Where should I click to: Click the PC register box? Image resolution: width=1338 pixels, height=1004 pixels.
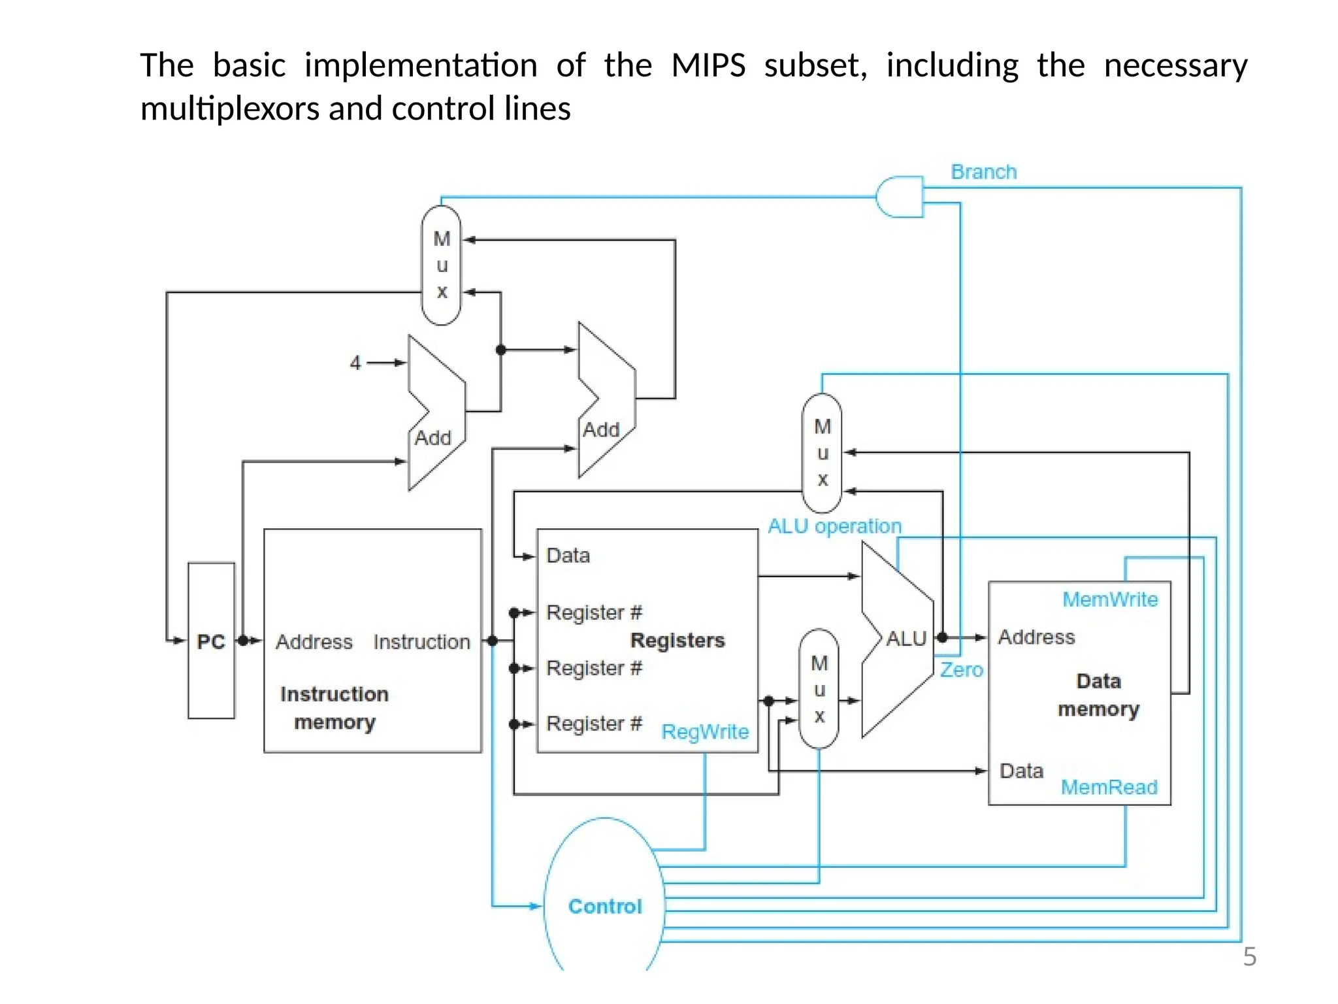[211, 641]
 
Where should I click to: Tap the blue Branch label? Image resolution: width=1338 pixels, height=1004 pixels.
[983, 172]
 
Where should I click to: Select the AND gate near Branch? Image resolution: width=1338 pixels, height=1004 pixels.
[899, 196]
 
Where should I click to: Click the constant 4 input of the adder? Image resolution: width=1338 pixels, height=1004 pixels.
[355, 363]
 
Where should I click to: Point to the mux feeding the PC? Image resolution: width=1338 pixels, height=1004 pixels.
[442, 265]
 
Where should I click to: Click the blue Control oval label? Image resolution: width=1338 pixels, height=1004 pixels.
[605, 906]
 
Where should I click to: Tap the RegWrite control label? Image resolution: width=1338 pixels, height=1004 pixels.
[705, 731]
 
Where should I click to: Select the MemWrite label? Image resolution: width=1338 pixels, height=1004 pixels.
[1109, 599]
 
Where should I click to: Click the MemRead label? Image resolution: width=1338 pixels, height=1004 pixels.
[1109, 787]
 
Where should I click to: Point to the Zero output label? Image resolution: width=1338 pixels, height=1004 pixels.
[961, 670]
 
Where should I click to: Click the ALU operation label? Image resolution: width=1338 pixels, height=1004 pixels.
[834, 526]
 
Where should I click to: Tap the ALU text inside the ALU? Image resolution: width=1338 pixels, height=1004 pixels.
[906, 639]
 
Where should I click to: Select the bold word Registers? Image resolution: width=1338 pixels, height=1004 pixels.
[677, 640]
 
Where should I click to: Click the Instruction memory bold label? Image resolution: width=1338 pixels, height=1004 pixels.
[334, 708]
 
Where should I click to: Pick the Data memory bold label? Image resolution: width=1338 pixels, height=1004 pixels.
[1098, 695]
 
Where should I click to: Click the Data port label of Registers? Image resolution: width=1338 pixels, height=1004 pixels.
[568, 556]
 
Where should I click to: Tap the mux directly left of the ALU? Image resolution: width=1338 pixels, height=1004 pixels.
[819, 689]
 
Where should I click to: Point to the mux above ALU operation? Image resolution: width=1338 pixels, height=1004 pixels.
[822, 453]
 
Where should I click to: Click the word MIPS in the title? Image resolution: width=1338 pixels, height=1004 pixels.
[708, 65]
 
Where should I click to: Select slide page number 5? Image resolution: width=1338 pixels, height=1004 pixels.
[1249, 957]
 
